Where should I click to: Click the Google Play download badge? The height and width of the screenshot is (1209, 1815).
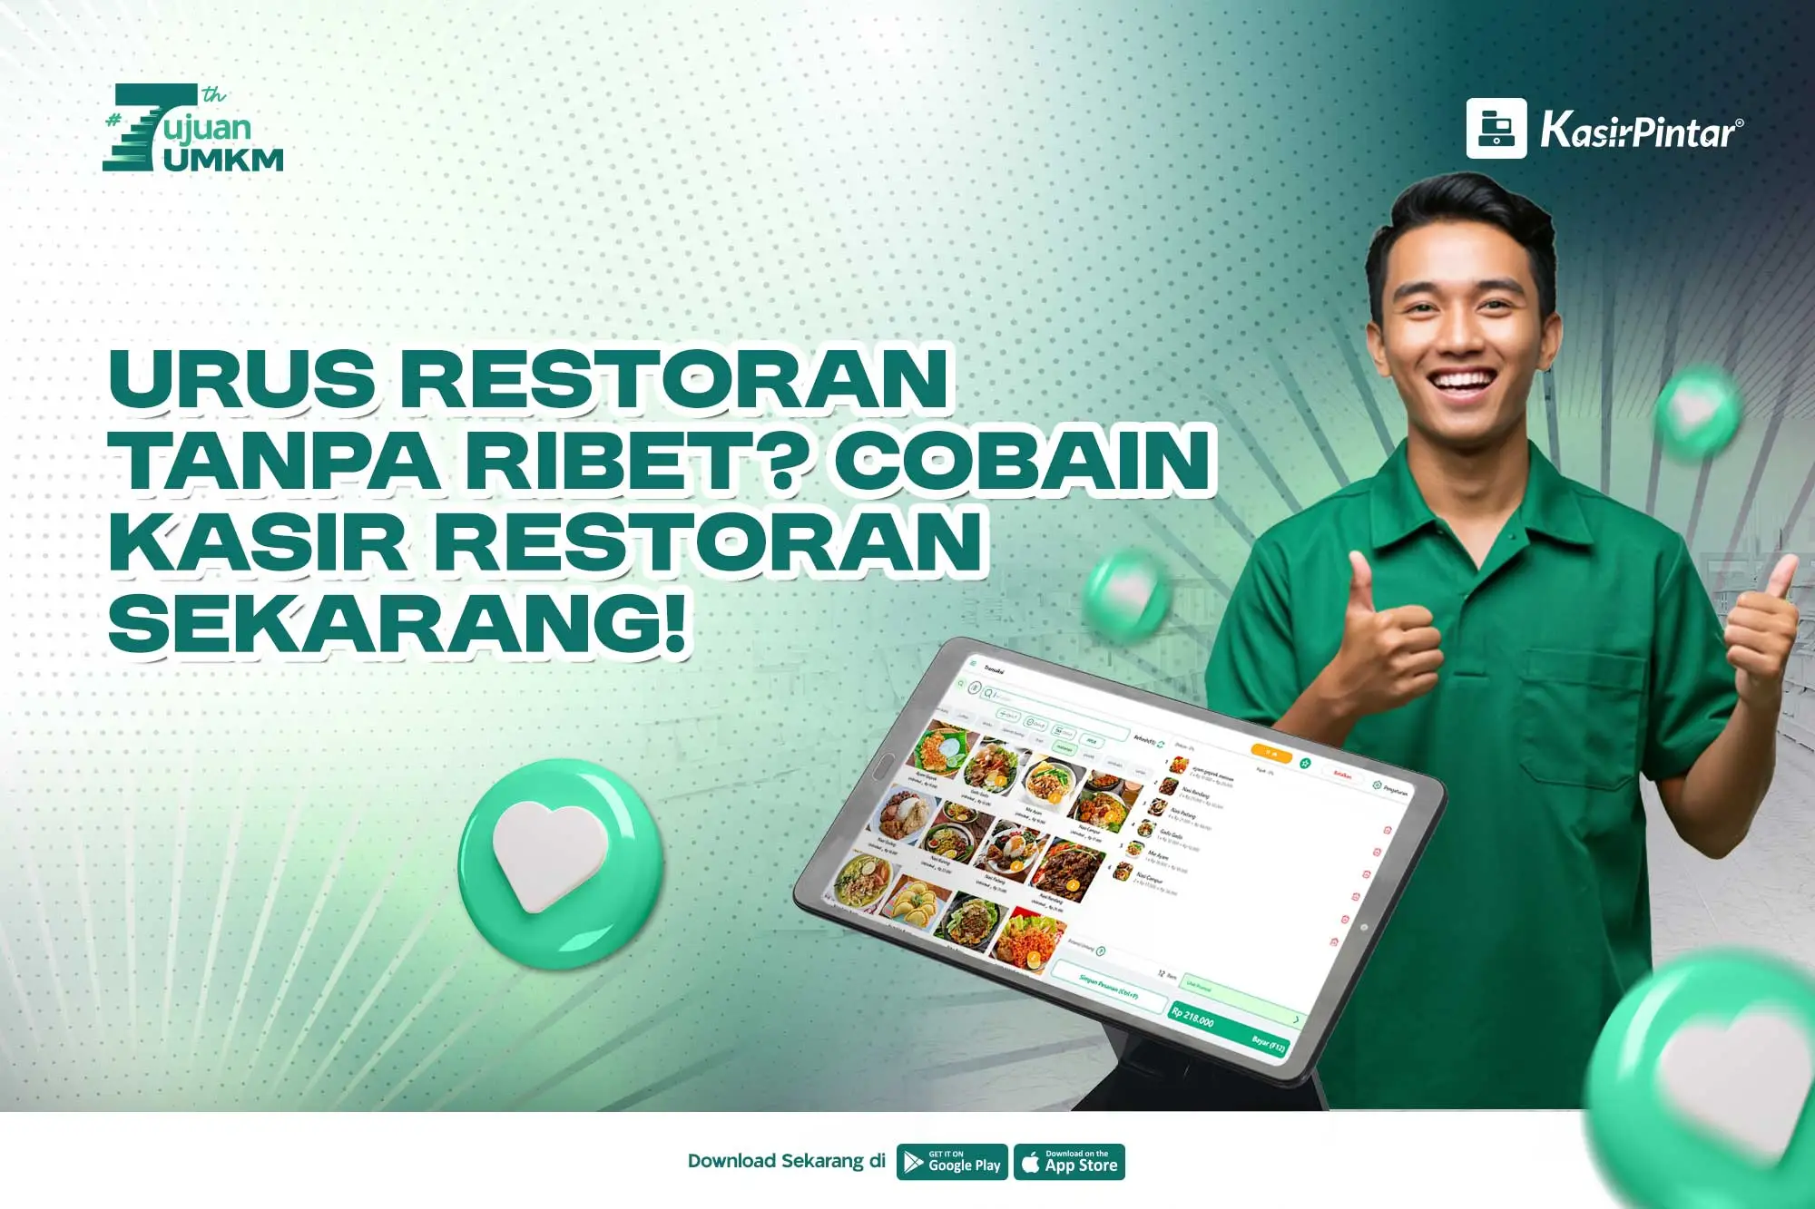click(952, 1162)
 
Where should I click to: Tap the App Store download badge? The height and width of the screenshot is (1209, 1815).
click(1069, 1162)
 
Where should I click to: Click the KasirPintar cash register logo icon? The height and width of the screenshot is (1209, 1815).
click(1496, 128)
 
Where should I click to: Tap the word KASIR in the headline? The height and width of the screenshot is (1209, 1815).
click(258, 542)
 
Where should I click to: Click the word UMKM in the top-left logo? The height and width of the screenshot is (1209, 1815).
click(223, 160)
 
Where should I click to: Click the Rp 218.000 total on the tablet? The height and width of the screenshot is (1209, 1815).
click(1192, 1018)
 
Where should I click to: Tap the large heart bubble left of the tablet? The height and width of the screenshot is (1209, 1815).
click(560, 863)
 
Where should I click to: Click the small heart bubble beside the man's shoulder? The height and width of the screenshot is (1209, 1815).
click(1695, 412)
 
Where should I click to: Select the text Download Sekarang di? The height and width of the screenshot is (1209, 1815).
click(786, 1161)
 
